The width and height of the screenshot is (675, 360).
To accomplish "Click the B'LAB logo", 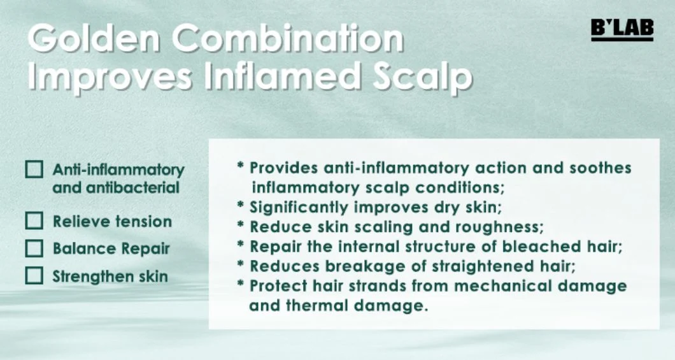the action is click(623, 30).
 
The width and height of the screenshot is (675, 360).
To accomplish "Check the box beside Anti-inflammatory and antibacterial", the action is click(34, 169).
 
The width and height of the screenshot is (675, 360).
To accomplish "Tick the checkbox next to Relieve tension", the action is click(34, 221).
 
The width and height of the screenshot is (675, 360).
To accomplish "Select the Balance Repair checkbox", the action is click(34, 248).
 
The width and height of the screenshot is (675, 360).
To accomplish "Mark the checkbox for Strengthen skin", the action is click(34, 276).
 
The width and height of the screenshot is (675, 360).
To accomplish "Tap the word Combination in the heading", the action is click(288, 38).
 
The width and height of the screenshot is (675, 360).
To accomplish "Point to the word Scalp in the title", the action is click(422, 77).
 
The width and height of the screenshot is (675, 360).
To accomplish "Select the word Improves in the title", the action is click(110, 77).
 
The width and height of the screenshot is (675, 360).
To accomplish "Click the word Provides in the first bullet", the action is click(283, 168).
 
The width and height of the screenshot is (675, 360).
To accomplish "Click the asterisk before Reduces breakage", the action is click(241, 264).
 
